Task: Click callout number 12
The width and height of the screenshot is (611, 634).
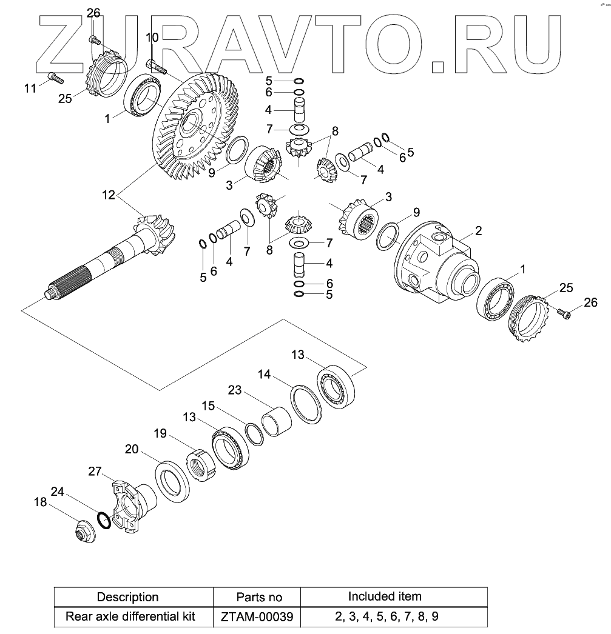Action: click(x=108, y=195)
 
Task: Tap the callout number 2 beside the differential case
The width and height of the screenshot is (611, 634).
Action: click(x=478, y=230)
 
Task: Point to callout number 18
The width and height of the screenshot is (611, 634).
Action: click(x=41, y=502)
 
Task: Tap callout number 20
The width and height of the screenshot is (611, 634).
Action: click(x=132, y=449)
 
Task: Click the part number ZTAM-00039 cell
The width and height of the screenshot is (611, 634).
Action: click(x=256, y=617)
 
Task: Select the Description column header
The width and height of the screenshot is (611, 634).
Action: click(x=127, y=597)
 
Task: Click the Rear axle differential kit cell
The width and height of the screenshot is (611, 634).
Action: click(x=130, y=617)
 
